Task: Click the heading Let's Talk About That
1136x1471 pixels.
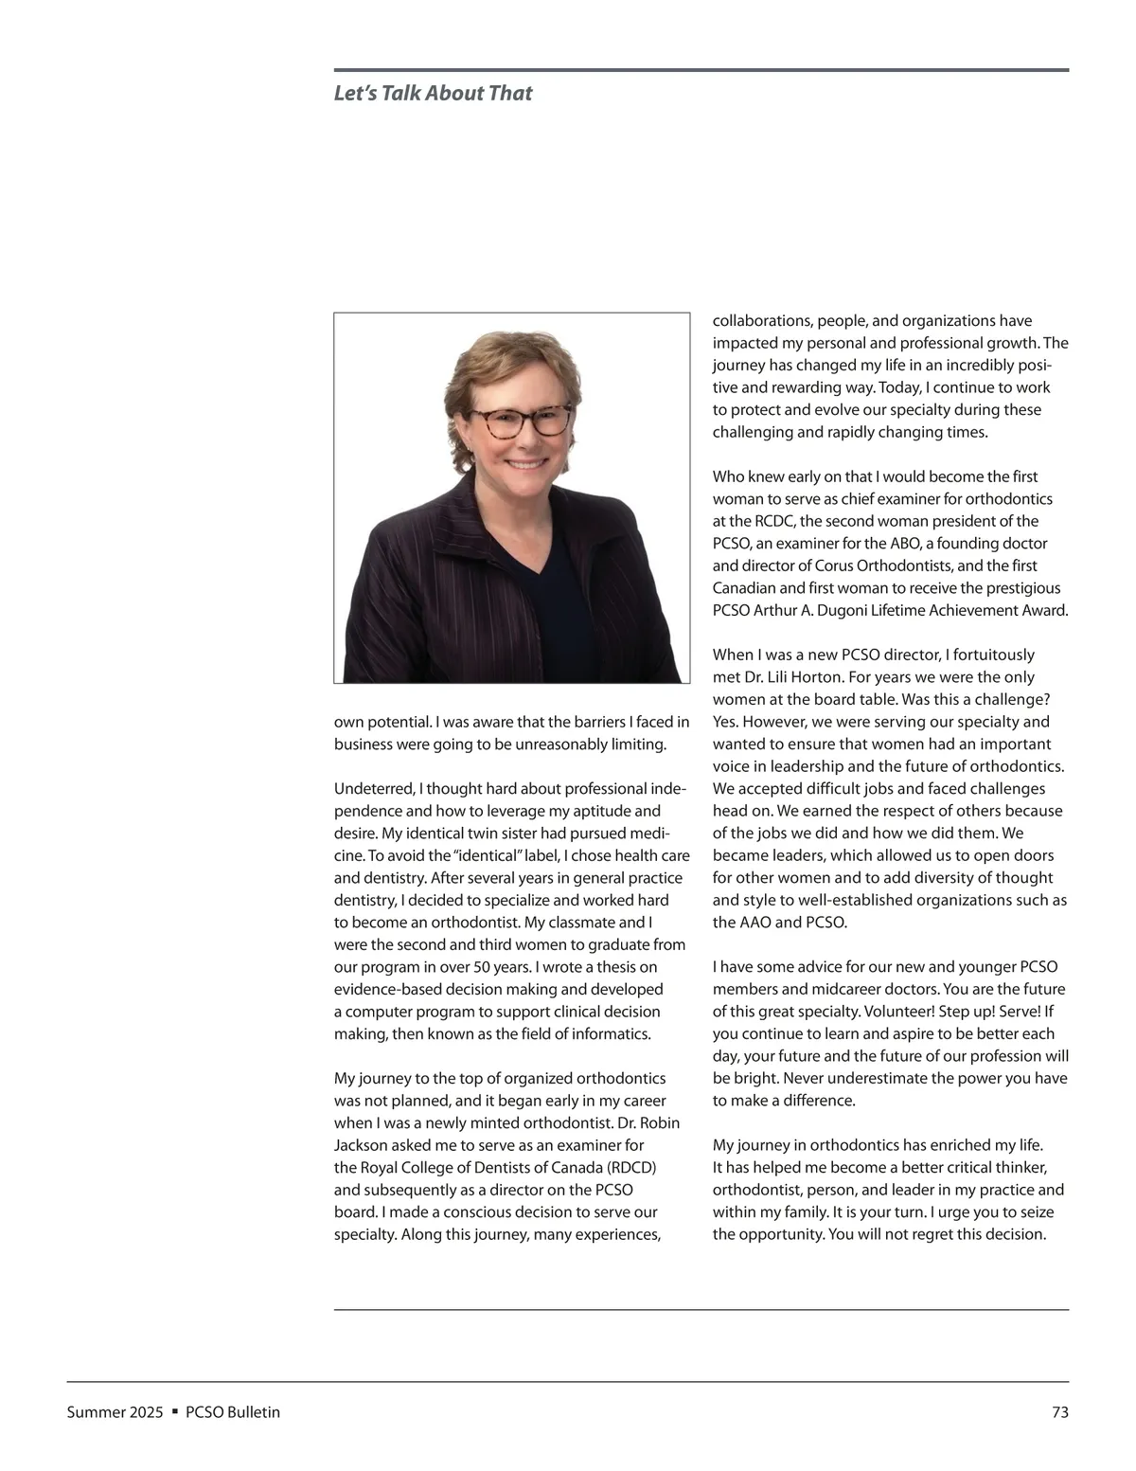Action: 433,93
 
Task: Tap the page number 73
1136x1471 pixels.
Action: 1059,1412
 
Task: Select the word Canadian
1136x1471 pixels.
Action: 744,588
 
